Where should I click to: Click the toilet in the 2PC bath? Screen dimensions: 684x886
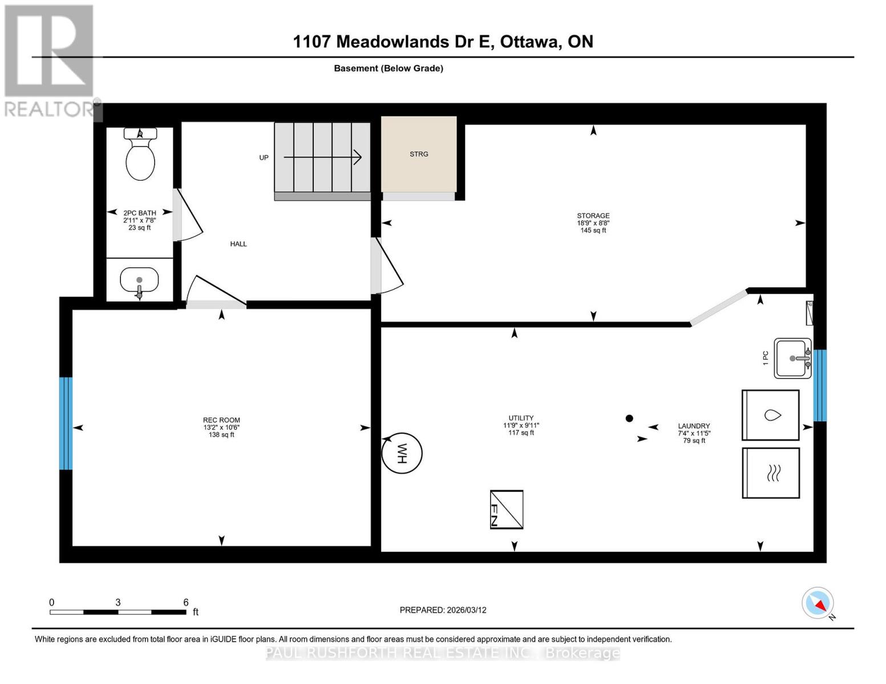(140, 155)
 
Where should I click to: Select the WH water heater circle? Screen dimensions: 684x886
(402, 454)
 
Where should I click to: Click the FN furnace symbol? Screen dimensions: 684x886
(507, 509)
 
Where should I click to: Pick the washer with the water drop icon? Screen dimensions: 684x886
(770, 415)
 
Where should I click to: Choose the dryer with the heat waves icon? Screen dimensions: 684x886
(770, 473)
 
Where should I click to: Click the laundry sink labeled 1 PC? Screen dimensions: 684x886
(792, 358)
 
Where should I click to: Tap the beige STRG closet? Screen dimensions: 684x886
(419, 154)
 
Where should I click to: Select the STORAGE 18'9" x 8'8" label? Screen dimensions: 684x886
(593, 223)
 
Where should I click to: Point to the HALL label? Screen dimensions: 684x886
(238, 244)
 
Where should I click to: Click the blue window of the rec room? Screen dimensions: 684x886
(66, 423)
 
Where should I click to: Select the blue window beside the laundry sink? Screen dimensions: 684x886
(820, 385)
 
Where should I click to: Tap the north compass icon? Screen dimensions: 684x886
(818, 603)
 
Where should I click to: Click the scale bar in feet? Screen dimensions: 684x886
(118, 612)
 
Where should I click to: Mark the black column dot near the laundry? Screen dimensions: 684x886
(629, 418)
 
